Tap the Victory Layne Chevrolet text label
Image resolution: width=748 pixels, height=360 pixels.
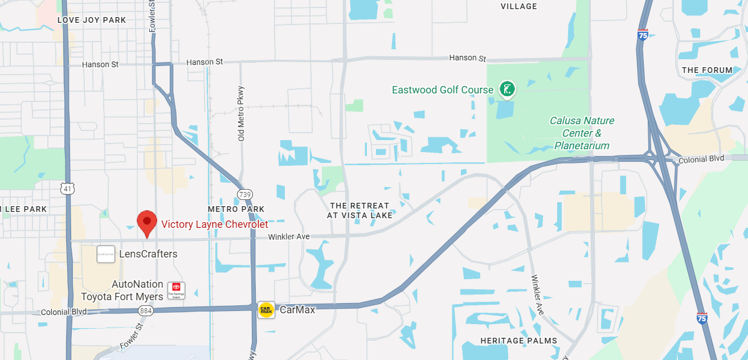[214, 224]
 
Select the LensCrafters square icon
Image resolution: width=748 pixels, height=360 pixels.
[106, 254]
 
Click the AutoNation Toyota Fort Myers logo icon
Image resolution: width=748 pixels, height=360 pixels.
[176, 291]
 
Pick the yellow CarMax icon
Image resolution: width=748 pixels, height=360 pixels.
[266, 310]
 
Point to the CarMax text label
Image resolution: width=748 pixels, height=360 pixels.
[297, 310]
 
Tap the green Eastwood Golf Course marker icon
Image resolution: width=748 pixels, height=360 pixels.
[507, 89]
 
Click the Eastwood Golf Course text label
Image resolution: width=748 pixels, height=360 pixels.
[442, 90]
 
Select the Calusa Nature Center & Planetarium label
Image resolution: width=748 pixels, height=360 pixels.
[582, 133]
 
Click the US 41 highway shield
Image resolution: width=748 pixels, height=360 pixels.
[68, 187]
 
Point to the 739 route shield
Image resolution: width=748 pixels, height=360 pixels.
[246, 194]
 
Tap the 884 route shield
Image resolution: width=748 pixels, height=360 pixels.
[145, 311]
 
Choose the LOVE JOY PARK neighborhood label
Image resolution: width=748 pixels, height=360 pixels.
[91, 20]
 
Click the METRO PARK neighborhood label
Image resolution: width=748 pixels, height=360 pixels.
[236, 209]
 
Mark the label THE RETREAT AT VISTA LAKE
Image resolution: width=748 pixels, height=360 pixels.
[359, 210]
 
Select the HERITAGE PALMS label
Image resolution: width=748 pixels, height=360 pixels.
[518, 341]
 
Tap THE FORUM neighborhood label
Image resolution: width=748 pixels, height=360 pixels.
[707, 70]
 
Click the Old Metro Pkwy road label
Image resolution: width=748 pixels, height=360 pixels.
[241, 114]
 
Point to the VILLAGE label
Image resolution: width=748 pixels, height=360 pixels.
[518, 6]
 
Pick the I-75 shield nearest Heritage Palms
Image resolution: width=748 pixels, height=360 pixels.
[701, 318]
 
